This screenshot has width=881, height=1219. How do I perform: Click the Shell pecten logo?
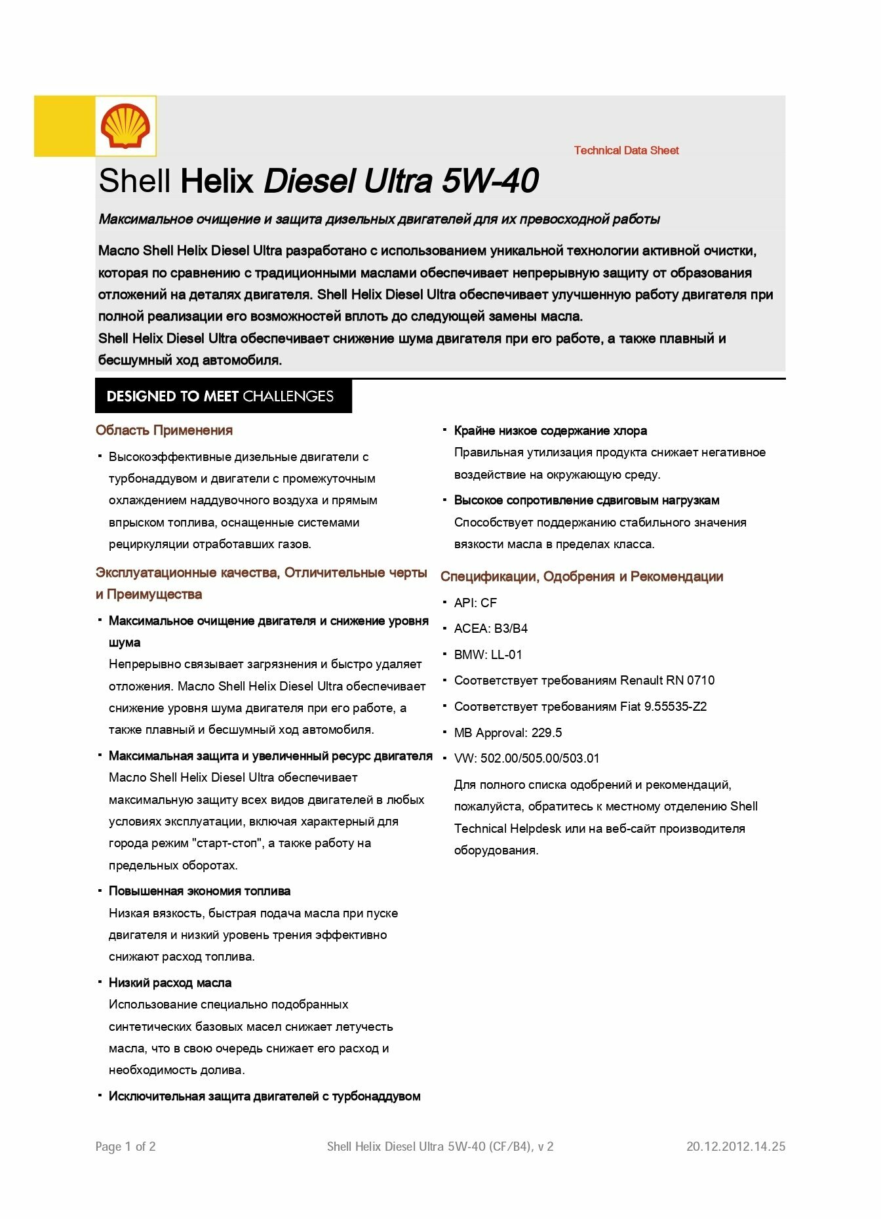pyautogui.click(x=125, y=126)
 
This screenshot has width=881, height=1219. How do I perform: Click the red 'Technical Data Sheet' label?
pyautogui.click(x=626, y=150)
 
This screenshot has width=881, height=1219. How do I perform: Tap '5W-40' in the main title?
pyautogui.click(x=490, y=181)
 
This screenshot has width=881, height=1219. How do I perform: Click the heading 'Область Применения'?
pyautogui.click(x=164, y=430)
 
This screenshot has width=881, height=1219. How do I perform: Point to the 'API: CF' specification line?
pyautogui.click(x=475, y=603)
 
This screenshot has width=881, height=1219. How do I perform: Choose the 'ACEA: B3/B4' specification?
pyautogui.click(x=490, y=628)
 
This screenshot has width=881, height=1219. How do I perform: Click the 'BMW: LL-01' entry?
pyautogui.click(x=488, y=654)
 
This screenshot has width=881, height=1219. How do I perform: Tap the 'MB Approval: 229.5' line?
pyautogui.click(x=507, y=732)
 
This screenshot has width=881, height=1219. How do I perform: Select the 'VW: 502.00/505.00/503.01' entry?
pyautogui.click(x=526, y=758)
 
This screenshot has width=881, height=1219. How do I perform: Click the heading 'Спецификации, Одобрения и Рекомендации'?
pyautogui.click(x=581, y=576)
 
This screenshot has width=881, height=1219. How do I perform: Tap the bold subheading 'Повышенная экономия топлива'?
pyautogui.click(x=199, y=891)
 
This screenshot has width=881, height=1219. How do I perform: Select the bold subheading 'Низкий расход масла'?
pyautogui.click(x=170, y=982)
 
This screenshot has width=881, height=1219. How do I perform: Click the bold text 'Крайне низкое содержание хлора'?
pyautogui.click(x=550, y=431)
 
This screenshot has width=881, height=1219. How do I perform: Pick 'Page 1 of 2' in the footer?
pyautogui.click(x=125, y=1146)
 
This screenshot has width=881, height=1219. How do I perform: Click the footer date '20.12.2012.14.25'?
pyautogui.click(x=735, y=1146)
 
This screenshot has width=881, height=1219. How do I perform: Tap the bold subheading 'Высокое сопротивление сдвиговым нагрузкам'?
pyautogui.click(x=587, y=500)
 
